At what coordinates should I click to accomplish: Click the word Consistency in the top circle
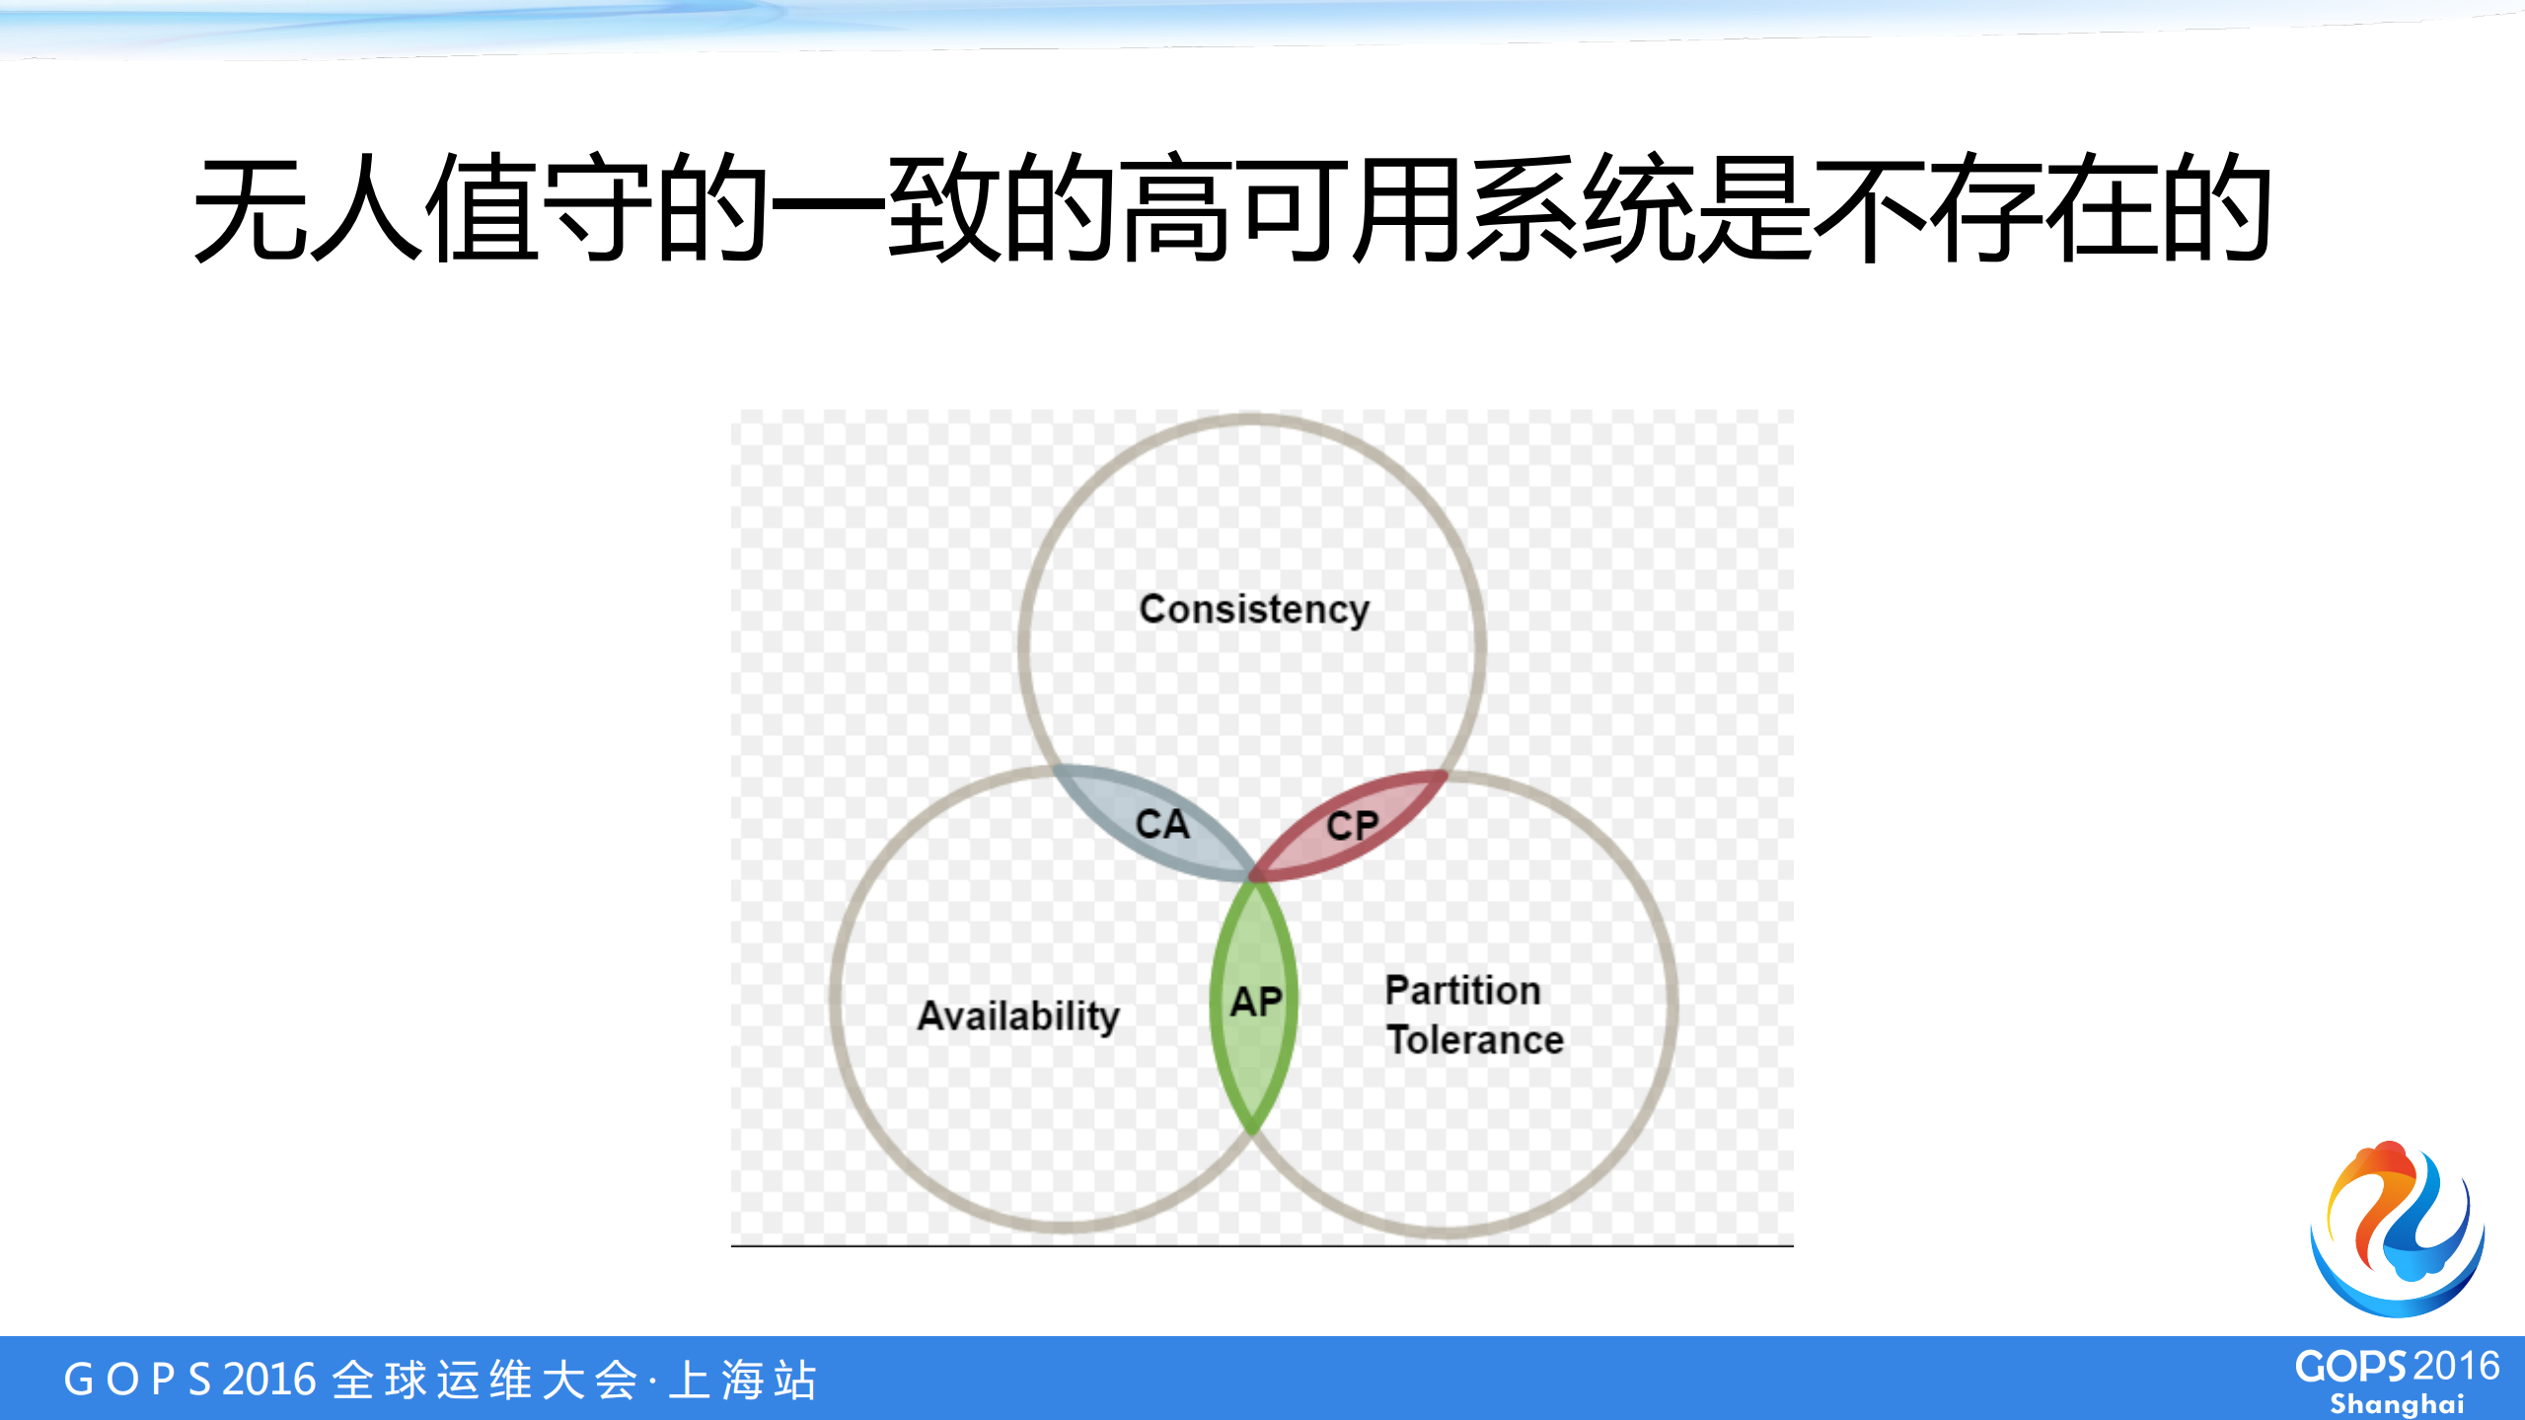(1254, 610)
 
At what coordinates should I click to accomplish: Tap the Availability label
(1018, 1015)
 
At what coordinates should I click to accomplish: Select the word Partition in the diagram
(1462, 990)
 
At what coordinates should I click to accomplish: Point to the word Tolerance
(1475, 1040)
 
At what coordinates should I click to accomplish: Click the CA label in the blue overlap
(1162, 824)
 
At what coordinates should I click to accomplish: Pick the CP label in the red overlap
(1352, 826)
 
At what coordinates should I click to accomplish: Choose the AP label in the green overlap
(1256, 1002)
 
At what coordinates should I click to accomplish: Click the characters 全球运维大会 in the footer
(485, 1380)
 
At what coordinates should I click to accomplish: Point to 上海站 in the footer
(743, 1380)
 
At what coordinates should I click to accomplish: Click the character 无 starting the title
(249, 208)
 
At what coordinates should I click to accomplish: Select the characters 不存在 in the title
(1988, 208)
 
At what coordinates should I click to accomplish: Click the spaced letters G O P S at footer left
(137, 1380)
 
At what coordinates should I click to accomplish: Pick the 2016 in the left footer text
(269, 1380)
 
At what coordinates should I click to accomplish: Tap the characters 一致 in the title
(888, 208)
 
